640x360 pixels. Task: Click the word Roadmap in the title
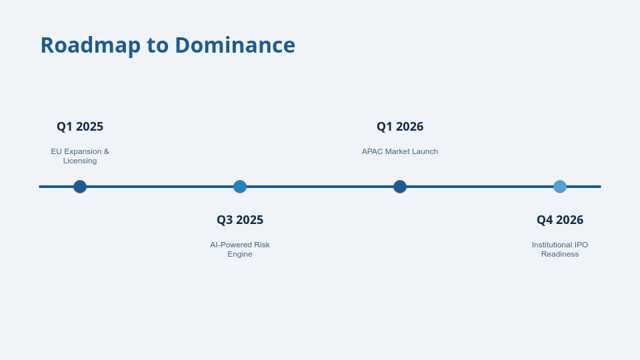coord(91,45)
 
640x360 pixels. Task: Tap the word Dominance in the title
coord(235,45)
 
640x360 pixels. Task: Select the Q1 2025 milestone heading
coord(80,127)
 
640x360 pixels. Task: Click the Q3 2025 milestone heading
coord(240,220)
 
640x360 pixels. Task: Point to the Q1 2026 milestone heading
coord(400,127)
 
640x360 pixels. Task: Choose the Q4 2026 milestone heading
coord(560,220)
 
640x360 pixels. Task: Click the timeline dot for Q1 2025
coord(80,187)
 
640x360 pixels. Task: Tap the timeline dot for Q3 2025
coord(240,187)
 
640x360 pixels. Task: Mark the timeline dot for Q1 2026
coord(400,187)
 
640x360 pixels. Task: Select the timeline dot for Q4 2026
coord(560,187)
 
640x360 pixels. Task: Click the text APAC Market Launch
coord(400,151)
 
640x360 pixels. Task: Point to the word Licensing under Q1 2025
coord(80,161)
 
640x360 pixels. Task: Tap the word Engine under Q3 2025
coord(240,254)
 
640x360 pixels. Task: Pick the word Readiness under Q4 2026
coord(560,254)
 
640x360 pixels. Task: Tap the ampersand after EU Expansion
coord(106,151)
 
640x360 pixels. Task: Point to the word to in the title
coord(157,46)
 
